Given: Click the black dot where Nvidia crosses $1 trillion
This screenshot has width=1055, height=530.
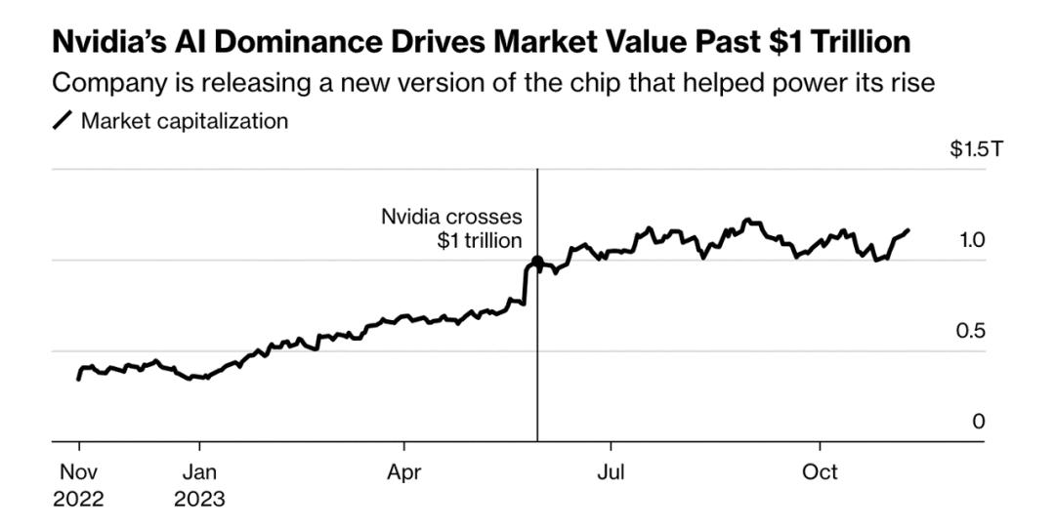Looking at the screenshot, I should click(x=537, y=263).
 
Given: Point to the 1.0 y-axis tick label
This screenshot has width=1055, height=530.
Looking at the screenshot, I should click(x=972, y=240).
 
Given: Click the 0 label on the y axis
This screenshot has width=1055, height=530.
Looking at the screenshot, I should click(x=979, y=422).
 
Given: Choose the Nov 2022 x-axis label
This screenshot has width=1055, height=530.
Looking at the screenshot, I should click(x=78, y=485).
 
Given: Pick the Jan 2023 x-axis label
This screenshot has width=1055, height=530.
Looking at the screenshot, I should click(x=199, y=485).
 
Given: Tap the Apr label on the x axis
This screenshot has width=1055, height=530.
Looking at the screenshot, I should click(x=403, y=472).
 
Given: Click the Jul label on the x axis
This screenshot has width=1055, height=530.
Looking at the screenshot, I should click(x=611, y=472).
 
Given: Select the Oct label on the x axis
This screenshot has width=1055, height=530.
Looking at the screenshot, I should click(x=820, y=472).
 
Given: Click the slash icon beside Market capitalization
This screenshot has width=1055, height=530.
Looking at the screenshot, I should click(x=62, y=122).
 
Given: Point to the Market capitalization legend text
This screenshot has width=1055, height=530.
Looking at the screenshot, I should click(x=185, y=122).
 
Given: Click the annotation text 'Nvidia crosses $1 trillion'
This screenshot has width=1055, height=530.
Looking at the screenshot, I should click(x=451, y=228).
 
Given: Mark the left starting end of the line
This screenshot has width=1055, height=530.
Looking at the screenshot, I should click(x=78, y=379).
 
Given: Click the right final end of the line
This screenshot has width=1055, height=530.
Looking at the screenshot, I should click(x=907, y=230).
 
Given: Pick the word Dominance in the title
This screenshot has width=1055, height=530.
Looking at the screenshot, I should click(x=298, y=43).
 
